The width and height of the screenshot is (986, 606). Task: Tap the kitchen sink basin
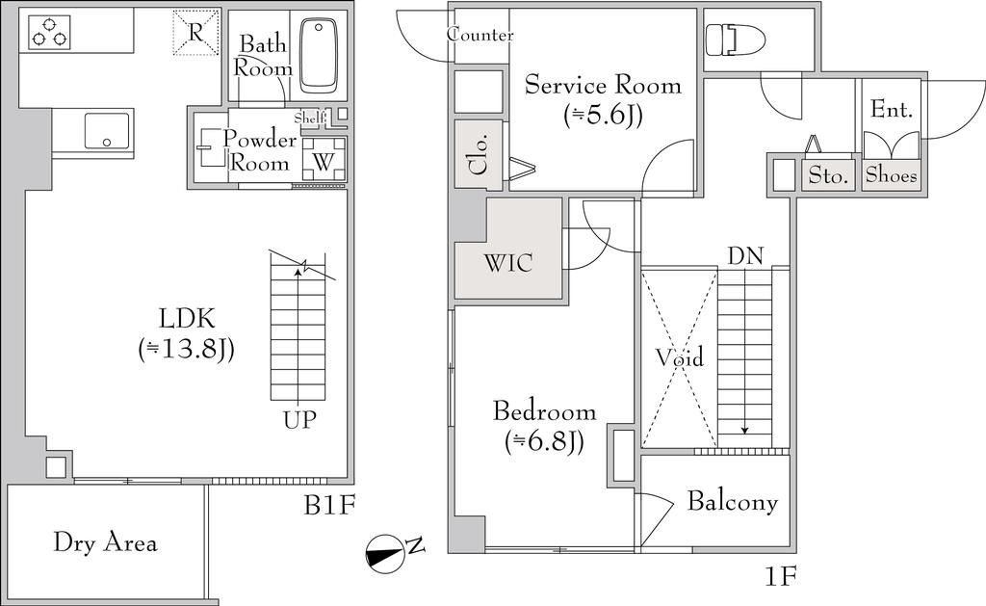click(x=107, y=130)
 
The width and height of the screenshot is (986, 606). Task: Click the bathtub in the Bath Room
click(x=319, y=55)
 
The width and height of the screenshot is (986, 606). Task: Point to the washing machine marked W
click(x=324, y=157)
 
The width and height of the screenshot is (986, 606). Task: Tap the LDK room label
click(x=186, y=332)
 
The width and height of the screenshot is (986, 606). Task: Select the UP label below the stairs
click(x=299, y=420)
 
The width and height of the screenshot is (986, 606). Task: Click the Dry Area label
click(x=104, y=542)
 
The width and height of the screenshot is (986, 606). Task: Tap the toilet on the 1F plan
click(x=734, y=41)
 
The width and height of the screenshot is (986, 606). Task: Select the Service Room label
click(x=603, y=98)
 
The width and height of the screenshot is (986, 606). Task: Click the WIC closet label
click(x=508, y=262)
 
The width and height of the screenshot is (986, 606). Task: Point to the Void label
click(x=679, y=357)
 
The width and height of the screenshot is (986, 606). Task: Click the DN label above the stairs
click(x=745, y=256)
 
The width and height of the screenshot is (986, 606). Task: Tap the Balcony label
click(x=732, y=502)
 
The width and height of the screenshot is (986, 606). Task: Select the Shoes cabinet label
click(x=891, y=175)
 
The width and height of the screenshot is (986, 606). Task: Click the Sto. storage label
click(x=827, y=176)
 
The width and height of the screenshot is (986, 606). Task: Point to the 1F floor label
click(x=781, y=576)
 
